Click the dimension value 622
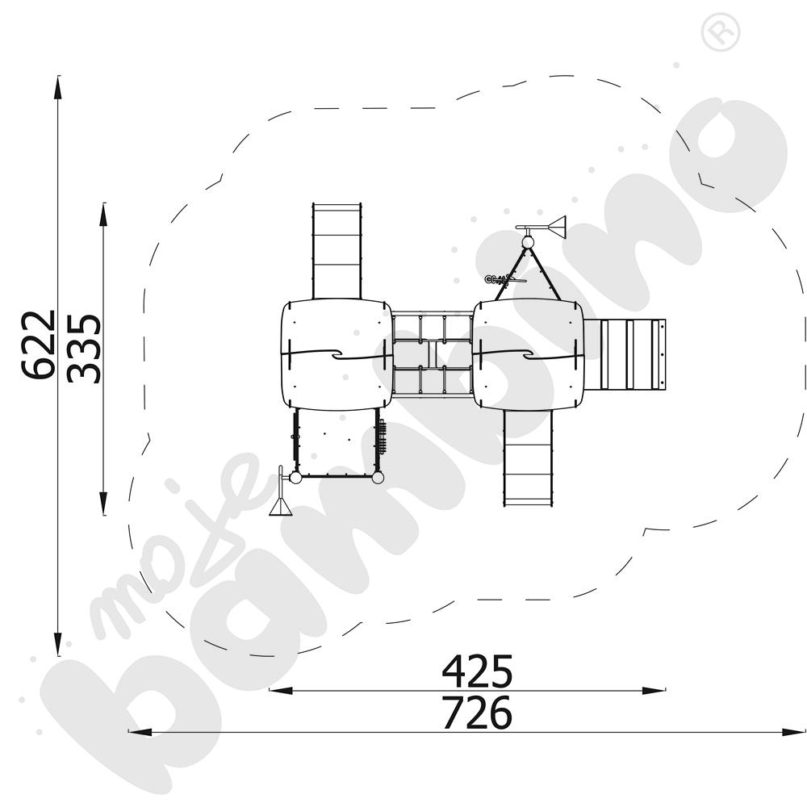[x=39, y=345]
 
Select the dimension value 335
[x=84, y=348]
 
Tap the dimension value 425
[x=477, y=670]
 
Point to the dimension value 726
[x=477, y=713]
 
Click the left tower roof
[x=337, y=354]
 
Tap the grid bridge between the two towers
[x=433, y=355]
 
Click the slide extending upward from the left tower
[x=337, y=250]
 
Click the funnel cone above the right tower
[x=557, y=227]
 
